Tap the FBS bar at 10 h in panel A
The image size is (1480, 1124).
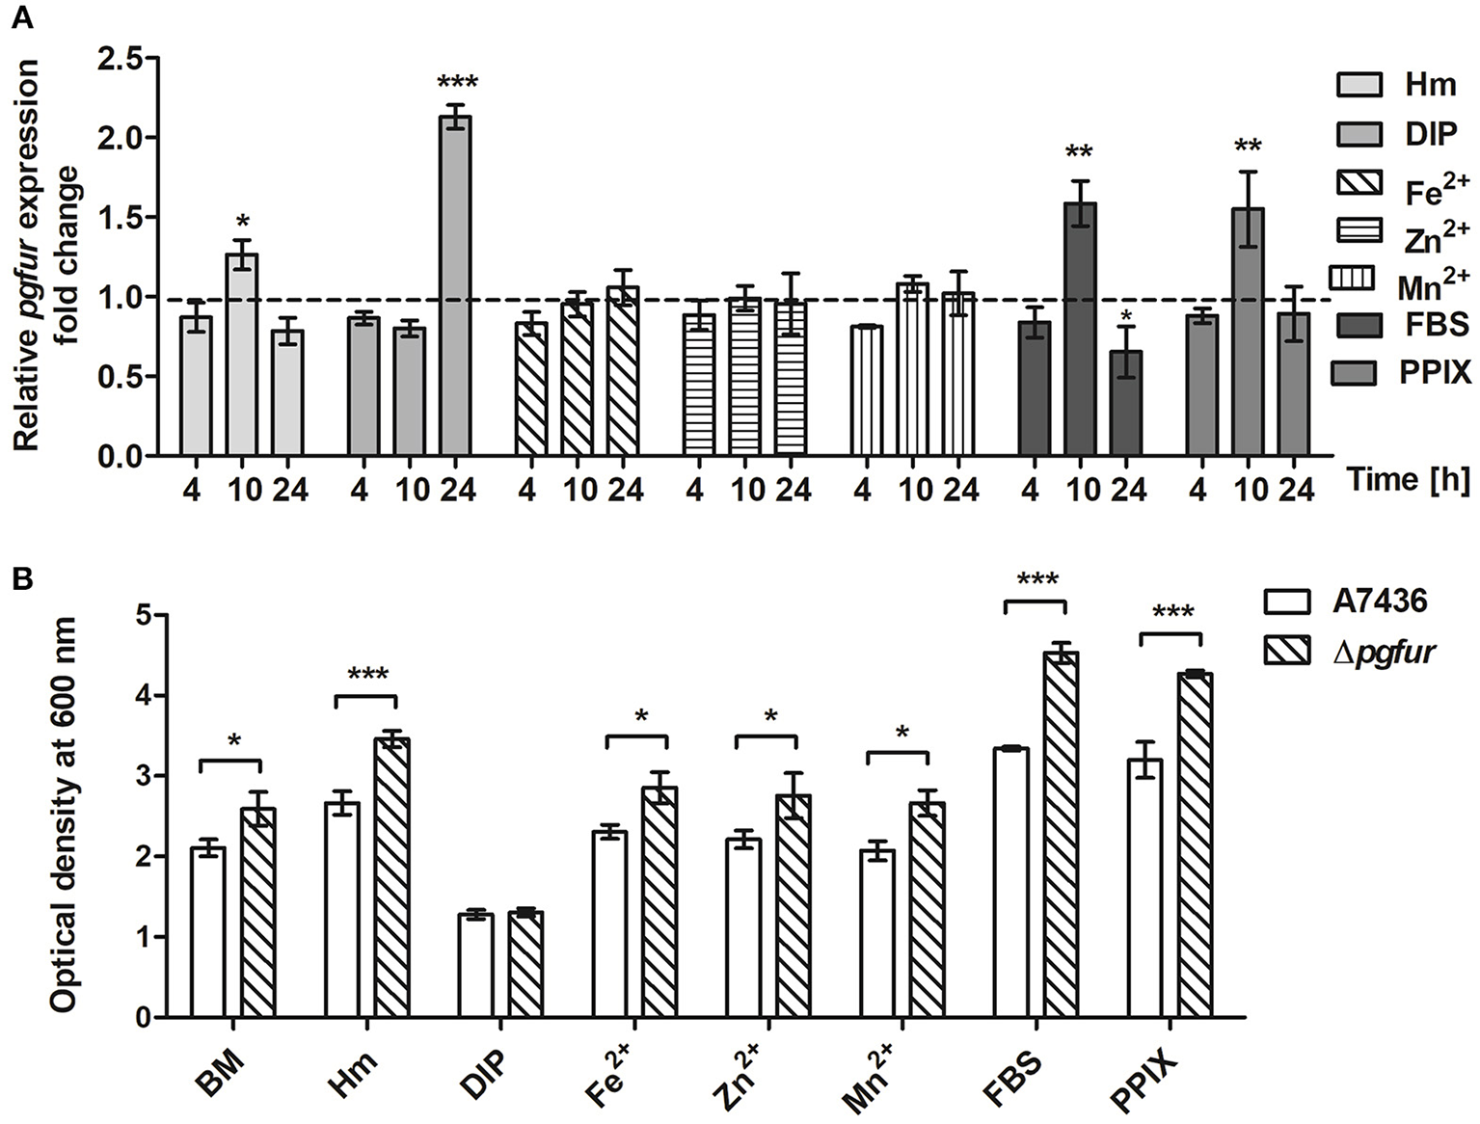tap(1080, 329)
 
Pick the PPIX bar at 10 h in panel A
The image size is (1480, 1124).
tap(1248, 332)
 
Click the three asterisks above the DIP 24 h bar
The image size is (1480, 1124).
tap(456, 83)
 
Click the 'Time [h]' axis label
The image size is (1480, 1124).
tap(1407, 480)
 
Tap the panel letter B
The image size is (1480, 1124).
tap(21, 578)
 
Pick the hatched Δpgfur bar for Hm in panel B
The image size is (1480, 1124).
tap(391, 878)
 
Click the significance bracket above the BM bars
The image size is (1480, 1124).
tap(230, 763)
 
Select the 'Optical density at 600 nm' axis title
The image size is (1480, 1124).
tap(64, 815)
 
